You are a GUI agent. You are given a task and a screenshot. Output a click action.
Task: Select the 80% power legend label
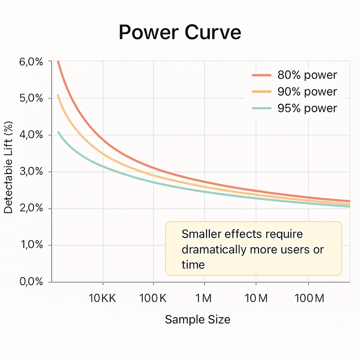(x=307, y=75)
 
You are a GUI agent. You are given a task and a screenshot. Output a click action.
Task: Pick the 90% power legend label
(x=307, y=92)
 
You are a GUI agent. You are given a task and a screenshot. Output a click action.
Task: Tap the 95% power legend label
(x=307, y=108)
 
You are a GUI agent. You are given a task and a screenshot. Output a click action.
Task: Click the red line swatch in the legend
(x=261, y=75)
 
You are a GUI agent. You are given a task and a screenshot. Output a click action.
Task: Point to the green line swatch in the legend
(x=261, y=108)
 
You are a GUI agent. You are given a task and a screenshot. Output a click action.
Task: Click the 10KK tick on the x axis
(x=103, y=299)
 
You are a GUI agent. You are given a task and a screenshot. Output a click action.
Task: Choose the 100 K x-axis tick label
(x=153, y=299)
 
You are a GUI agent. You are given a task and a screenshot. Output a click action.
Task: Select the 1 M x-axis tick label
(x=204, y=299)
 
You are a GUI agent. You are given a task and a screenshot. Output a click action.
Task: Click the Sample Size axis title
(x=198, y=319)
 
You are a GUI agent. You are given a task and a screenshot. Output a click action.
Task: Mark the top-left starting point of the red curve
(x=58, y=61)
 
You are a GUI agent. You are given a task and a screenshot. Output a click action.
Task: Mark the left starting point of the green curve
(x=58, y=132)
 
